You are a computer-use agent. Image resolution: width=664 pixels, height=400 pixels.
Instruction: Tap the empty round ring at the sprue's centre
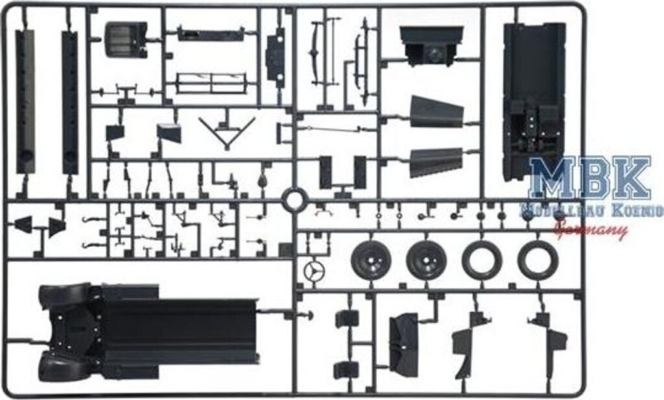294,199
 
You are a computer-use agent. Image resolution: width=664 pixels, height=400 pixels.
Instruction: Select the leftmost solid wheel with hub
370,260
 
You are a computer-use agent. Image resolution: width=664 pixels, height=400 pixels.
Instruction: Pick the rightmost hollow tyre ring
538,260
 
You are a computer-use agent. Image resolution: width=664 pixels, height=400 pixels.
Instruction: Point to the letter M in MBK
550,179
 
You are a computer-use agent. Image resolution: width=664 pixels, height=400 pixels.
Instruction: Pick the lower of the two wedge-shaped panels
434,162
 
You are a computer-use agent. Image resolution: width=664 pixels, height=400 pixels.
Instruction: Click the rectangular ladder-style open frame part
211,83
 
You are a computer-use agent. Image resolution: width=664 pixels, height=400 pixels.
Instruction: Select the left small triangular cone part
23,225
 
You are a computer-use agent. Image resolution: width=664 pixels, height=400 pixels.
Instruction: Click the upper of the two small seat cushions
347,319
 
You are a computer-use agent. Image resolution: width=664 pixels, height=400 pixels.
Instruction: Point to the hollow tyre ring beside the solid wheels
482,260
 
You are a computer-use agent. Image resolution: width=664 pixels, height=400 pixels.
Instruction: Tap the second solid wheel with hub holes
426,260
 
